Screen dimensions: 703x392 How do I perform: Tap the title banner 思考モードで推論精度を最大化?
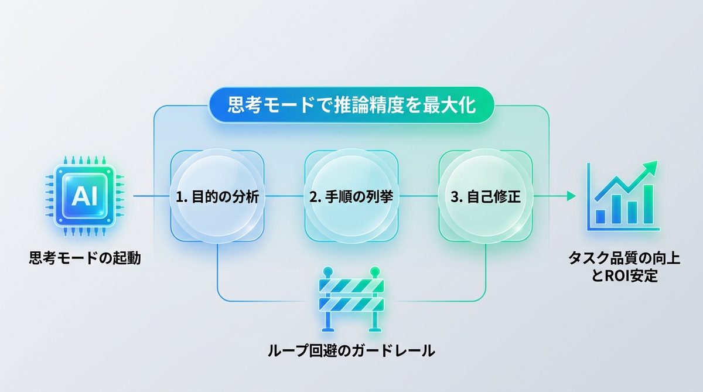coord(351,107)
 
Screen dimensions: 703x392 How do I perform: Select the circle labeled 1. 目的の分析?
coord(217,197)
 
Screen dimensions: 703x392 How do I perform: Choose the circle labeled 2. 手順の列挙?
coord(351,197)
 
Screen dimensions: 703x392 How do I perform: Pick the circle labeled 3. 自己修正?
coord(485,197)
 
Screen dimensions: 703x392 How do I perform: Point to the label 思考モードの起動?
coord(85,258)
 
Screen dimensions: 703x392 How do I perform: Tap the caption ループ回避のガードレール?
coord(351,352)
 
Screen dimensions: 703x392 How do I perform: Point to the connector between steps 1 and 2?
coord(284,197)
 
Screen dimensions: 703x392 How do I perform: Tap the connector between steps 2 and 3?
coord(418,197)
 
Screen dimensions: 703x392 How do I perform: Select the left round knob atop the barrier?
coord(327,272)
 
